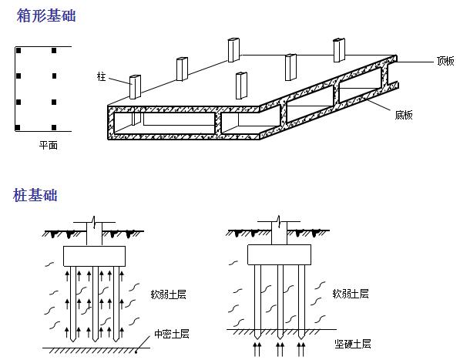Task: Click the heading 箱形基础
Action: coord(46,15)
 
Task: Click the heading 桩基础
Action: coord(35,195)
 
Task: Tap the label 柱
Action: coord(101,76)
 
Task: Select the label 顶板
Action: coord(445,61)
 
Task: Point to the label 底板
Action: coord(404,115)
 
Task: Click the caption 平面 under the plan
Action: coord(49,145)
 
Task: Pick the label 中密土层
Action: coord(172,334)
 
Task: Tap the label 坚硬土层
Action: coord(353,344)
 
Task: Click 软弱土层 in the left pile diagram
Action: coord(169,294)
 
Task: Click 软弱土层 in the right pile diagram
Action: coord(351,294)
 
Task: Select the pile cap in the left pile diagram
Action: coord(94,256)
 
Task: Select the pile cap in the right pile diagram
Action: coord(279,254)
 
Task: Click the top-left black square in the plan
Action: coord(18,50)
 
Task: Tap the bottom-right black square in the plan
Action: coord(54,127)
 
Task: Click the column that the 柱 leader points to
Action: coord(136,87)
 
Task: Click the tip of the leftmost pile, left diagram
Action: coord(72,341)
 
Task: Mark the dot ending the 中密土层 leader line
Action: coord(136,352)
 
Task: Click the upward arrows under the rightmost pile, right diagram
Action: coord(301,349)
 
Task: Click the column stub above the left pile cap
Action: coord(94,234)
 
